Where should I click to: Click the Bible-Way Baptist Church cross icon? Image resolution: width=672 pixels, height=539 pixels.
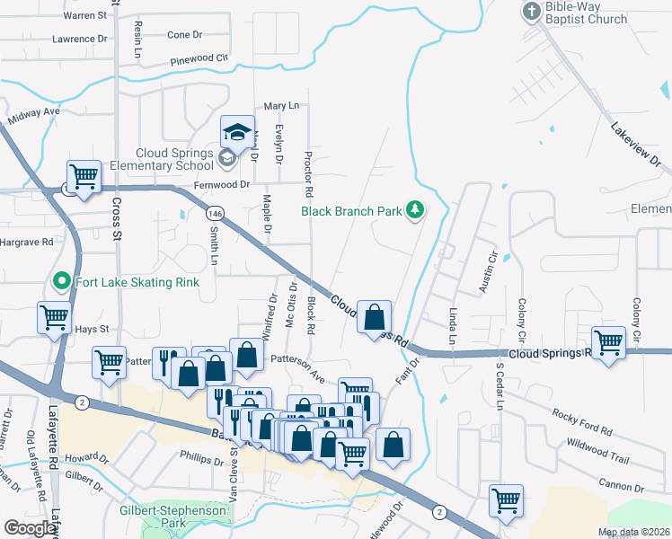point(531,12)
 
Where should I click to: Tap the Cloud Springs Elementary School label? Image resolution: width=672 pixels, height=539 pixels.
point(175,159)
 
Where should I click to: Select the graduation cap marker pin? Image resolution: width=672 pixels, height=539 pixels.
point(238,132)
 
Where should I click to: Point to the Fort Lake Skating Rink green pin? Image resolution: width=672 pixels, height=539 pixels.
point(62,281)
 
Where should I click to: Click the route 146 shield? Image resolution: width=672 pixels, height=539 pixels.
point(214,214)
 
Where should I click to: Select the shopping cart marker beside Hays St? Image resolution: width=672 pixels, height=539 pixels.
point(54,316)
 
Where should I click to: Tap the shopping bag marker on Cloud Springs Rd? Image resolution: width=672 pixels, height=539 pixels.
point(374,316)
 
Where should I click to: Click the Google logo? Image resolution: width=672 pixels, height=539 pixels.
point(30,528)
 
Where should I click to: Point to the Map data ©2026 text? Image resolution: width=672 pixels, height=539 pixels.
point(632,532)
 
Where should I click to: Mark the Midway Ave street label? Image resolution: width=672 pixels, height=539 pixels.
point(33,117)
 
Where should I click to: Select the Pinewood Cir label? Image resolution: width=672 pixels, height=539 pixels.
point(199,60)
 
